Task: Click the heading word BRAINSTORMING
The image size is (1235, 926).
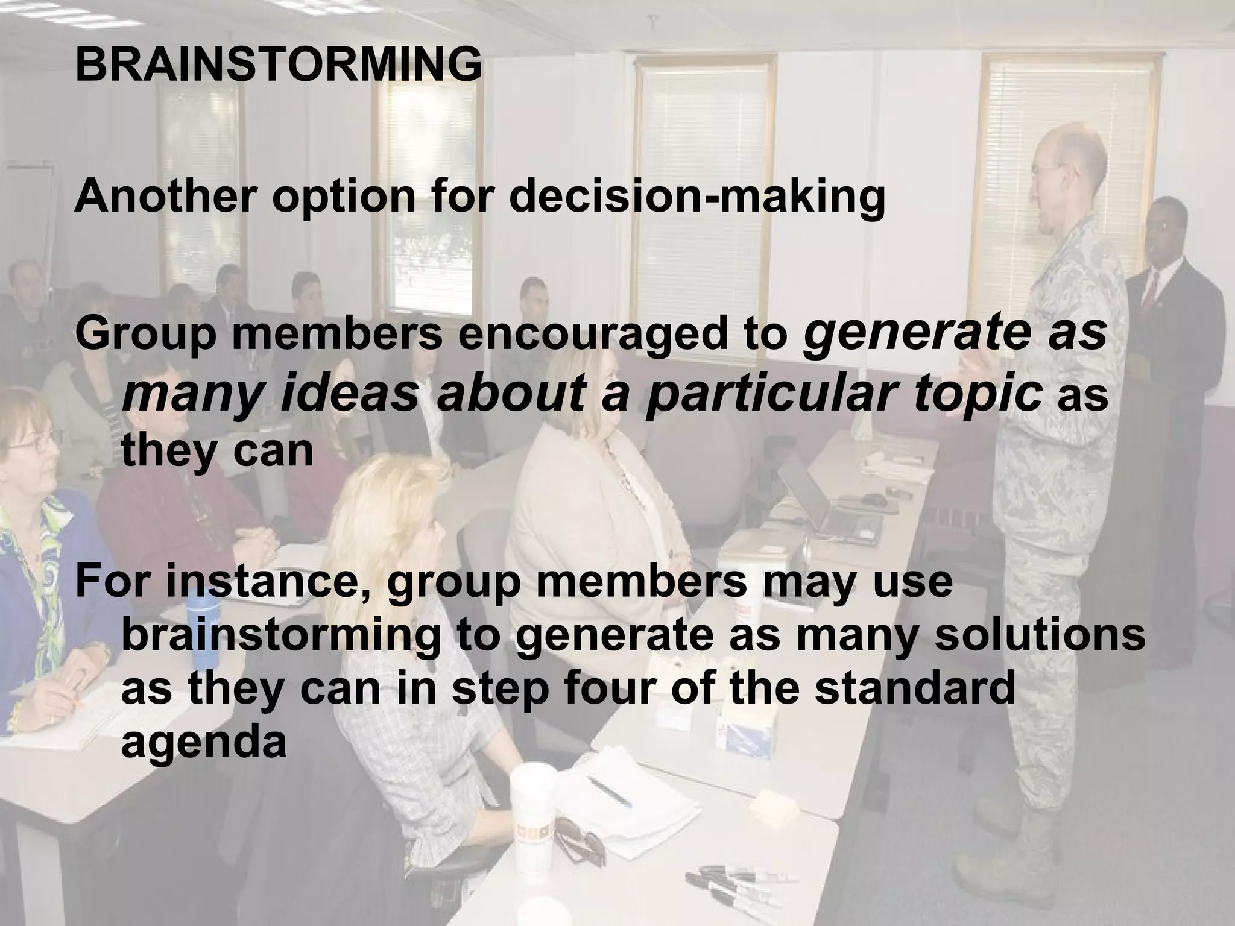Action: [279, 65]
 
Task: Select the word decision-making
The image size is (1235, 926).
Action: [696, 197]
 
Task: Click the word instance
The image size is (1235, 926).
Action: [268, 582]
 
